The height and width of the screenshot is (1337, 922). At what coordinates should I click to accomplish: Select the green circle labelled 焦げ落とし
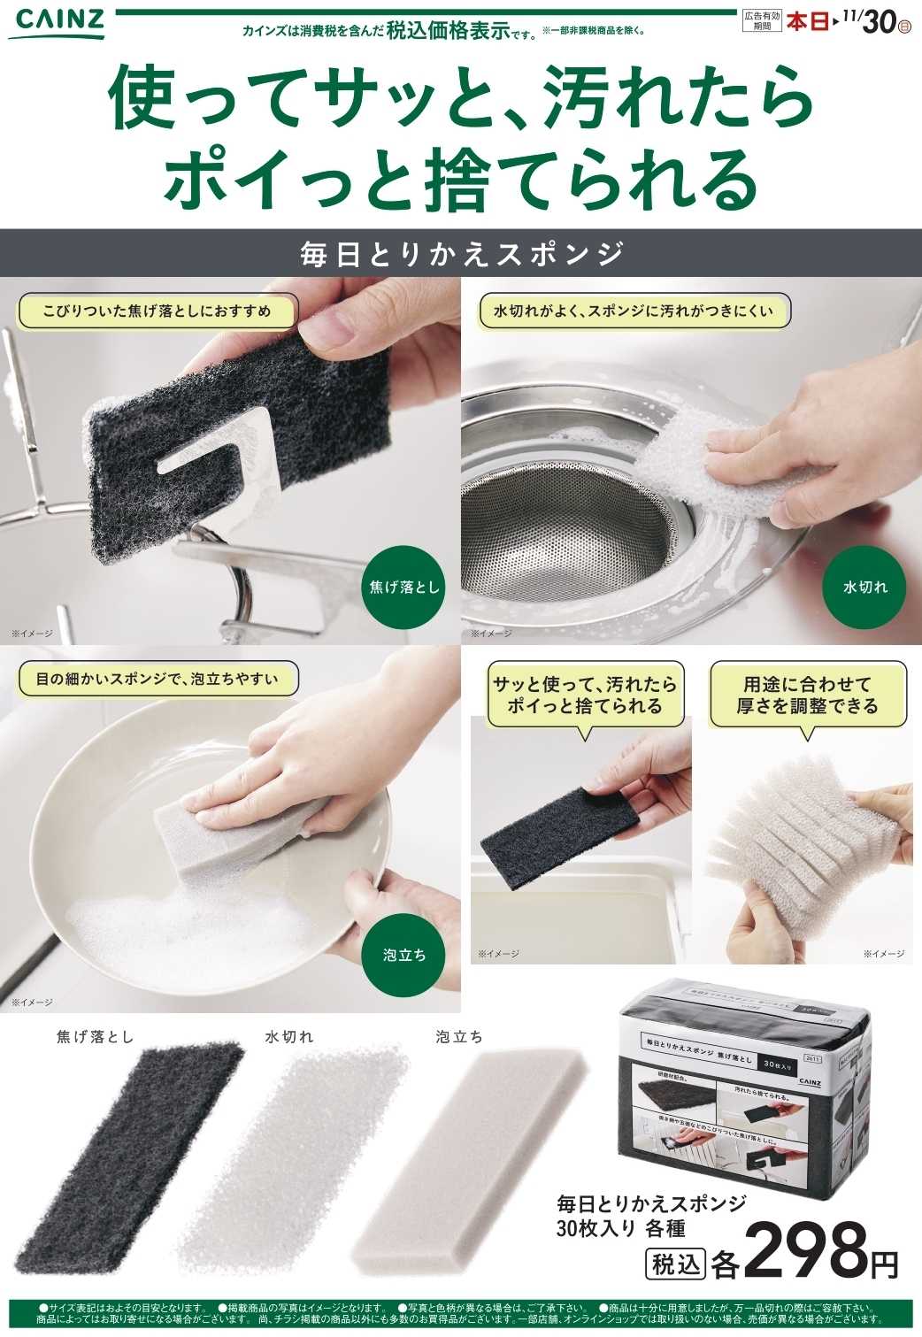click(403, 587)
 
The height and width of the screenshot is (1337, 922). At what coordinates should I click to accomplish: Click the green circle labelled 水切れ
click(864, 587)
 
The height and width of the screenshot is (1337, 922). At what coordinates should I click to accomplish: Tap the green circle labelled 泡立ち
click(404, 954)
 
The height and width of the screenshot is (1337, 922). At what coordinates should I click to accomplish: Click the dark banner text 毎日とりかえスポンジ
click(461, 254)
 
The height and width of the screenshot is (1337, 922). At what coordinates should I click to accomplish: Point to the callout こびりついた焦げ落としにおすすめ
click(157, 311)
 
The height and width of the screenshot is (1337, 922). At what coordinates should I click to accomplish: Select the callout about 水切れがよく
click(633, 311)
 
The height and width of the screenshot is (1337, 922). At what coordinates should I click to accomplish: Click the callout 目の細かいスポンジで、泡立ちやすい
click(157, 680)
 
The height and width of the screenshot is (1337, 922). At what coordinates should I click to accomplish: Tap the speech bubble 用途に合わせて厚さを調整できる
click(807, 695)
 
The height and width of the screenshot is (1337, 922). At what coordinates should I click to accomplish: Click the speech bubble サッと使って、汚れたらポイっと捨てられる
click(584, 695)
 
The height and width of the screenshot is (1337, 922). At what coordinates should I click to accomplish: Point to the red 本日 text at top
click(807, 21)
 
